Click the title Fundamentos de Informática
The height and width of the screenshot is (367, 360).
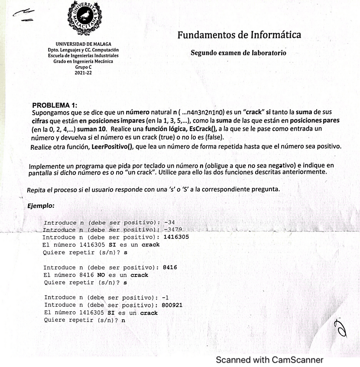239,35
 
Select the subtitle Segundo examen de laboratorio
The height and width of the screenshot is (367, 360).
238,53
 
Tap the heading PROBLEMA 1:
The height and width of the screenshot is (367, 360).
55,106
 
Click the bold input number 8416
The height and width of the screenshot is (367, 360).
169,267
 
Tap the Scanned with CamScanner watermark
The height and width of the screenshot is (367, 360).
269,360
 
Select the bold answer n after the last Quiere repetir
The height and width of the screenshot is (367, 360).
123,320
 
